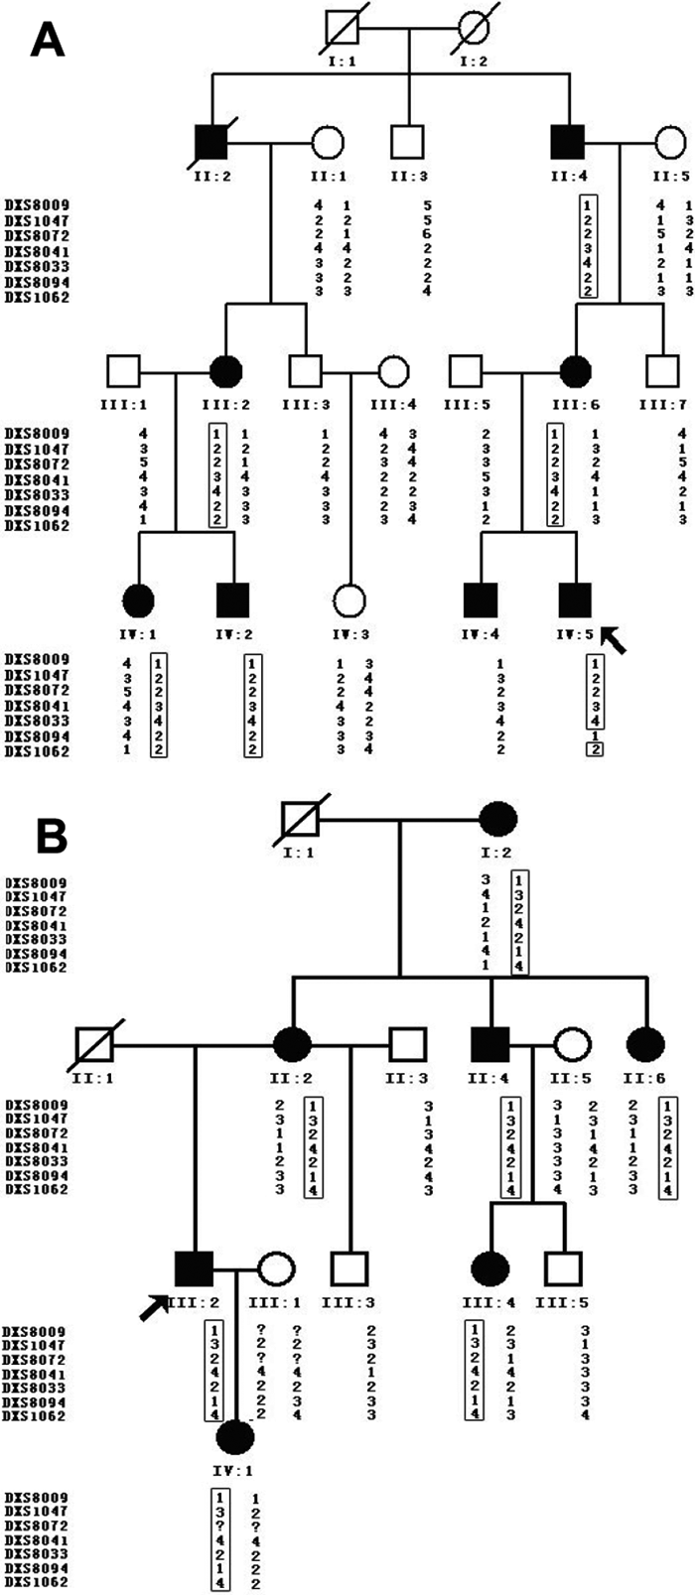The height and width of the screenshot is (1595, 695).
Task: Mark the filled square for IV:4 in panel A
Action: point(481,600)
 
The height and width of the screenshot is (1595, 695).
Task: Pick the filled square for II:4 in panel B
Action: point(490,1044)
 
